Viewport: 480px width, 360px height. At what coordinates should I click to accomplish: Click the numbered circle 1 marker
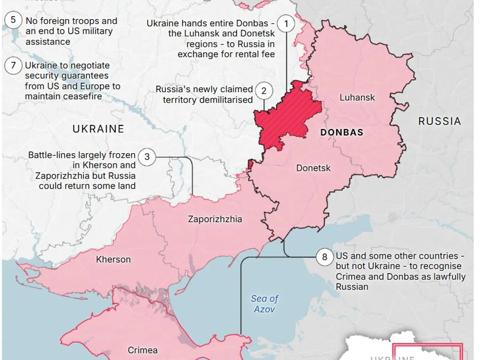pos(286,24)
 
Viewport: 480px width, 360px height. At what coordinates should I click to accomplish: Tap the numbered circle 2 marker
pos(264,91)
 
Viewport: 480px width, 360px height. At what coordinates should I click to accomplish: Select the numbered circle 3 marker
pos(147,157)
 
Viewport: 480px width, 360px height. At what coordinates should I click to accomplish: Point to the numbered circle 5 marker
pos(13,20)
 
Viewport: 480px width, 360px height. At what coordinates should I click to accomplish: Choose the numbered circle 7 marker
pos(13,65)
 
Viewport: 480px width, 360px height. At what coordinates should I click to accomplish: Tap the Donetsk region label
pos(313,168)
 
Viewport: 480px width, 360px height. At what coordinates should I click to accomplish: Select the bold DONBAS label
pos(342,132)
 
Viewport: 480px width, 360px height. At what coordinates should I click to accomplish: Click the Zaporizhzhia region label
pos(215,219)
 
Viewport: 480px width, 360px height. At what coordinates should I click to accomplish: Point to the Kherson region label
pos(113,259)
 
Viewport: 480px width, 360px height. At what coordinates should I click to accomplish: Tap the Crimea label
pos(142,350)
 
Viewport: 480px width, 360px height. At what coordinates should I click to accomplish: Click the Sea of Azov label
pos(264,304)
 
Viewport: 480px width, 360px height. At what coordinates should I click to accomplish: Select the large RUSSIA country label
pos(440,121)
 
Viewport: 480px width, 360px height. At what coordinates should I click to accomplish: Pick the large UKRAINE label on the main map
pos(98,129)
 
